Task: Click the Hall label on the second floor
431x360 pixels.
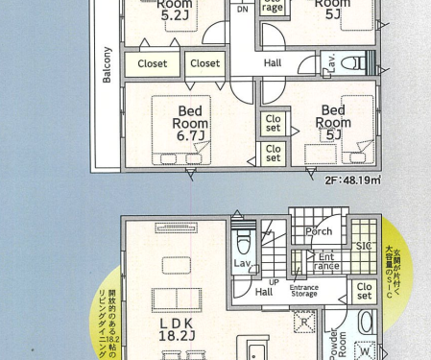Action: tap(273, 63)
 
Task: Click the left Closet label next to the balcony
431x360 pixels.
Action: tap(153, 64)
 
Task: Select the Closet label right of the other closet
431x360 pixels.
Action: tap(204, 64)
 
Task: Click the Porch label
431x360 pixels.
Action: tap(319, 230)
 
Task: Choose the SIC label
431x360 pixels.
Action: tap(364, 246)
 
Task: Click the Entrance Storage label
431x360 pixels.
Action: tap(304, 292)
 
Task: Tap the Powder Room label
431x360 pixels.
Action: tap(335, 344)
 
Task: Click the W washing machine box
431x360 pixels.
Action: tap(364, 351)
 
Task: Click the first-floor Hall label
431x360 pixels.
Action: tap(264, 292)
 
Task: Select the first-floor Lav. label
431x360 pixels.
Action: tap(242, 263)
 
